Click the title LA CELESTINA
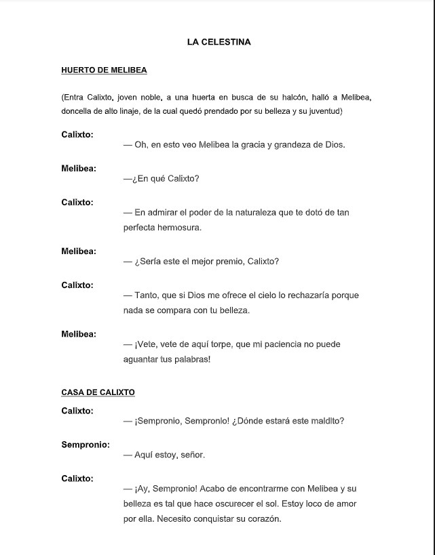click(219, 42)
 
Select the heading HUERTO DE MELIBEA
click(104, 70)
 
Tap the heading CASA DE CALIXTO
click(98, 392)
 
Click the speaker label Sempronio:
click(85, 445)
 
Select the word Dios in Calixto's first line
click(334, 145)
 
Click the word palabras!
click(191, 359)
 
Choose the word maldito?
click(325, 421)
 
